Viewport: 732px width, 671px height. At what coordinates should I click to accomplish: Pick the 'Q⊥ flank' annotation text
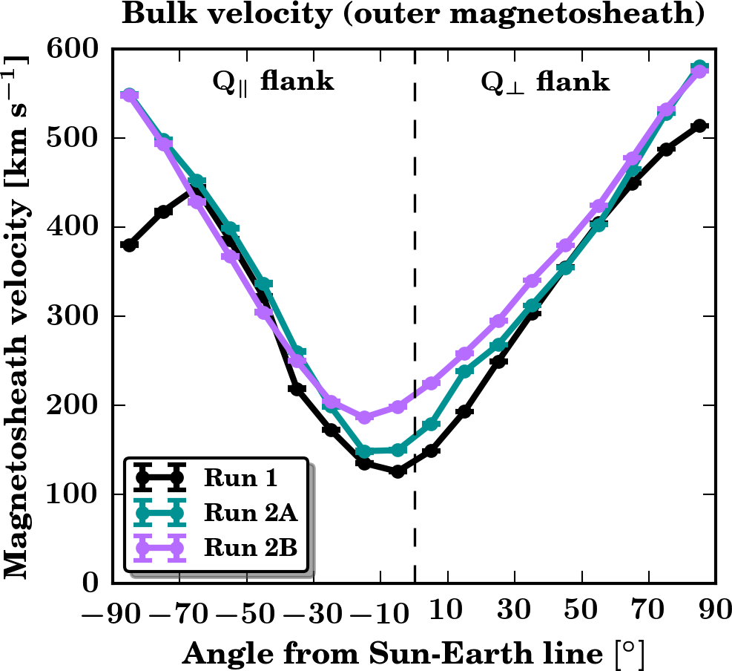[546, 80]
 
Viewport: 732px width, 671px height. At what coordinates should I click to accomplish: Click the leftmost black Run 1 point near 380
[130, 245]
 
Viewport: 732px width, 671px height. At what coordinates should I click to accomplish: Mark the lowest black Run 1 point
[398, 471]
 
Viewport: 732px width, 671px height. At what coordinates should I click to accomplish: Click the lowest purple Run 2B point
[364, 417]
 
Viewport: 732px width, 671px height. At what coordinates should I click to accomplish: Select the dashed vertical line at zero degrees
[415, 334]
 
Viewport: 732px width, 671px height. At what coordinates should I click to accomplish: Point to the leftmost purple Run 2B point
[130, 96]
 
